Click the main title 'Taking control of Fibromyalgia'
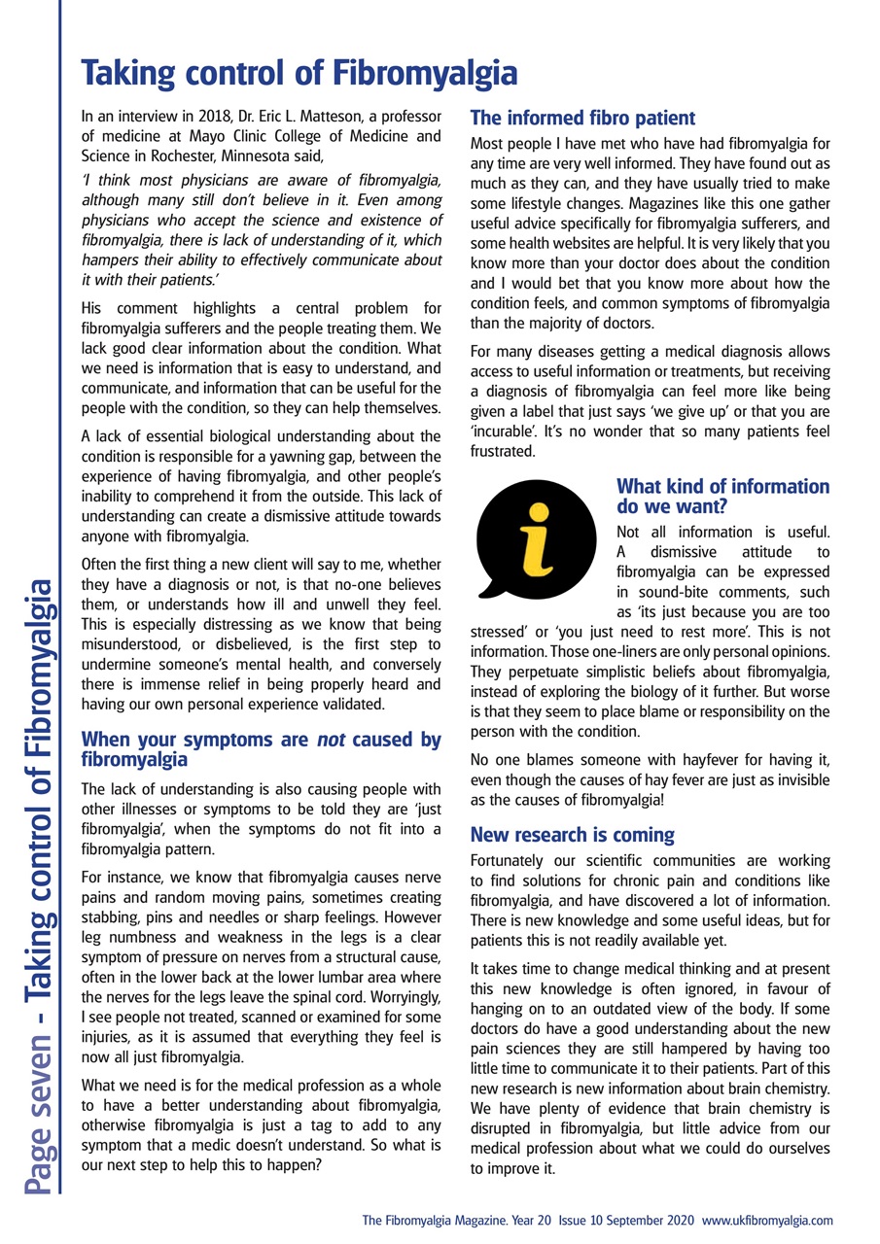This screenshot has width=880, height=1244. tap(298, 74)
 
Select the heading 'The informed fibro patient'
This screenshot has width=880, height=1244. tap(582, 119)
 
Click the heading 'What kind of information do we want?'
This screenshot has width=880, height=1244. tap(723, 496)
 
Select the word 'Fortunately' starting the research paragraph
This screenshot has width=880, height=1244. tap(510, 862)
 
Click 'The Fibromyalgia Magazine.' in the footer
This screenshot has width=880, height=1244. tap(432, 1219)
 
